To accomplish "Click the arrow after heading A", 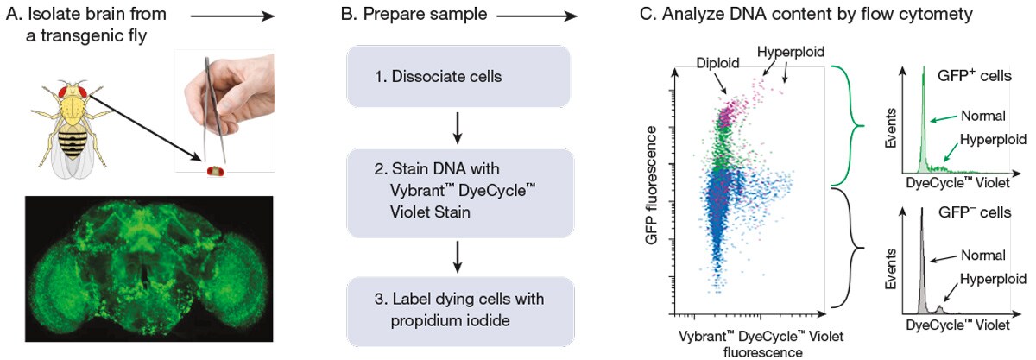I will click(x=232, y=16).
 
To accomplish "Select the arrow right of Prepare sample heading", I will click(x=536, y=16).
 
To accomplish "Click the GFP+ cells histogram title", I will click(x=975, y=76).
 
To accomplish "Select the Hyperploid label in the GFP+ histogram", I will click(x=990, y=142).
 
